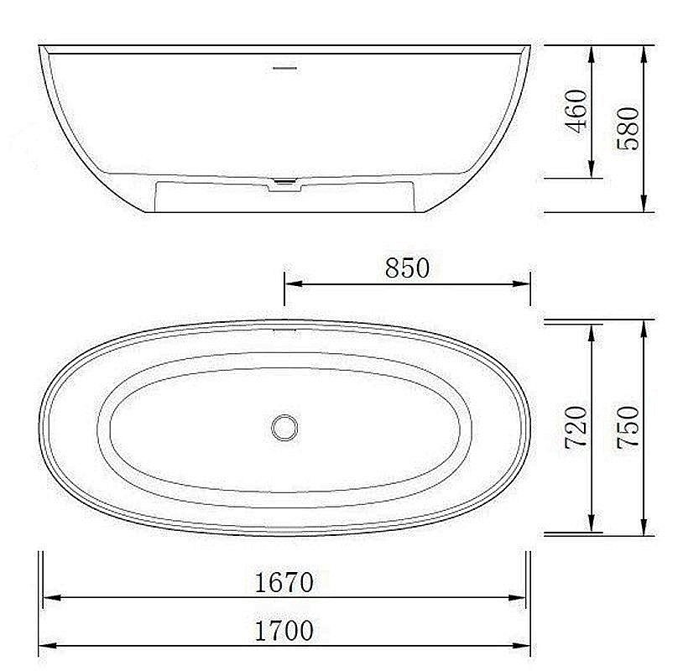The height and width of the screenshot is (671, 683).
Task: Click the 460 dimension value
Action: click(577, 111)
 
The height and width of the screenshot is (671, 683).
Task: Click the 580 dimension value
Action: click(628, 127)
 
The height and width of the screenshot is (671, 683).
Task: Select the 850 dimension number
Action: click(407, 268)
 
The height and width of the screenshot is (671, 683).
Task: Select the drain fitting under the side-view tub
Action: click(286, 185)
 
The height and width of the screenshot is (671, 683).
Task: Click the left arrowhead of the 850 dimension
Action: click(290, 283)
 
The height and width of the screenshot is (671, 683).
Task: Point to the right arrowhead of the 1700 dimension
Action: click(524, 646)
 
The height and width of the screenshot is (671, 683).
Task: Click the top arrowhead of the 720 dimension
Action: click(593, 328)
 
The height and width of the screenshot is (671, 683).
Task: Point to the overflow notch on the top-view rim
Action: click(285, 328)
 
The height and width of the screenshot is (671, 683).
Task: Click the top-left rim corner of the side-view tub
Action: click(40, 47)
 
